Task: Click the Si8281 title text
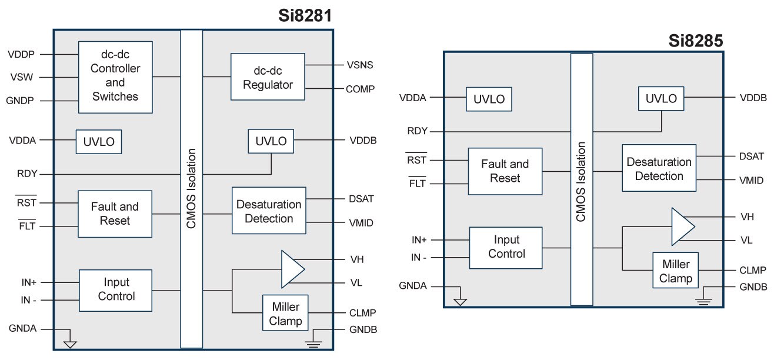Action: coord(305,16)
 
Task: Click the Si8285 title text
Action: coord(696,41)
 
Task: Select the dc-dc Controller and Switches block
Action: coord(115,77)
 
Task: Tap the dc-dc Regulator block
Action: coord(268,78)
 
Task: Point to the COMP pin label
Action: coord(360,89)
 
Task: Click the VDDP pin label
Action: coord(21,54)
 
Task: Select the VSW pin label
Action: coord(21,77)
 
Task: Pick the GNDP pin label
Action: coord(21,101)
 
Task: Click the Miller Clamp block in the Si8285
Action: coord(675,271)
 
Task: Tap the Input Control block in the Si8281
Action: coord(115,289)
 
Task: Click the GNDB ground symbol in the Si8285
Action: coord(704,300)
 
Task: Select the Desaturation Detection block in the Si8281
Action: coord(269,211)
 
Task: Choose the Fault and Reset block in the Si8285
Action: coord(505,171)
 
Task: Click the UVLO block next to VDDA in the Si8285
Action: coord(489,99)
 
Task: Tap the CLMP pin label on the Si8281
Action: coord(361,313)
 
